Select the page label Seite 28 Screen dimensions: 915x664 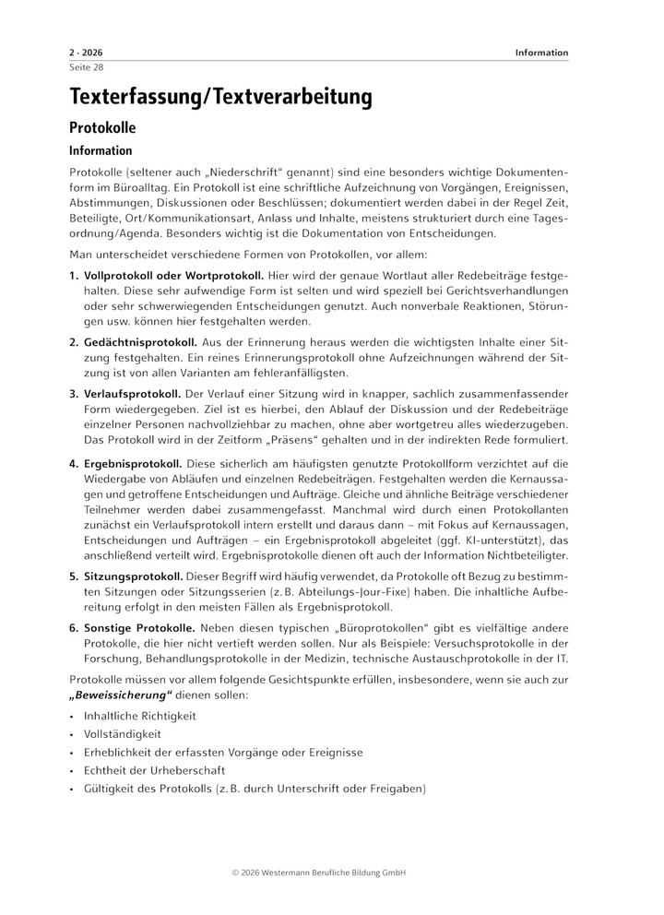86,67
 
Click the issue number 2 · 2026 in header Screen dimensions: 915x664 87,53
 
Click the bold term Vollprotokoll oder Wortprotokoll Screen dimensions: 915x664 173,276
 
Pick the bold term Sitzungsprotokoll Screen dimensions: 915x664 133,576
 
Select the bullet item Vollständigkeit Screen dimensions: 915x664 122,734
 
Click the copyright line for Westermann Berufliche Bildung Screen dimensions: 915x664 332,872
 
